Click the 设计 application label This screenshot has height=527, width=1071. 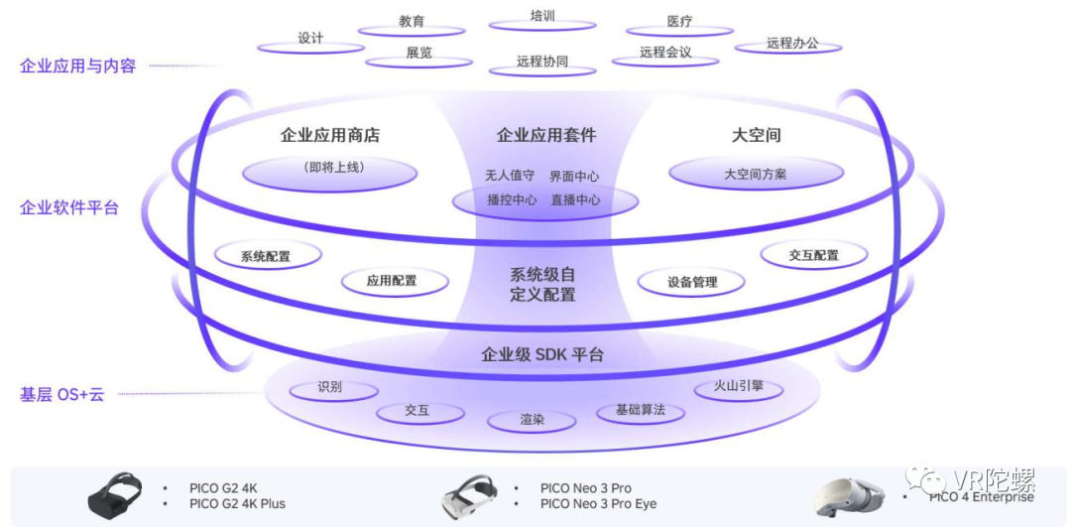(x=310, y=39)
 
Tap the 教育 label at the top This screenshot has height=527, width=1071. (x=412, y=21)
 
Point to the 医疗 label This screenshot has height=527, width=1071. (x=679, y=21)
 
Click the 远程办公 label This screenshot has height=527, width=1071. (x=791, y=44)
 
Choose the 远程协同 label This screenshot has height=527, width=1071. (x=542, y=62)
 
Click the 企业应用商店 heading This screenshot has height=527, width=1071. (x=330, y=135)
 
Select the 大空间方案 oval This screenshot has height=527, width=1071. (x=756, y=174)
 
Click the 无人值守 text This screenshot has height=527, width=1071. (x=510, y=176)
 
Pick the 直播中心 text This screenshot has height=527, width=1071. (x=575, y=199)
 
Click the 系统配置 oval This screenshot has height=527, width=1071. (x=267, y=256)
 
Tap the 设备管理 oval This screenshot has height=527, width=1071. (x=691, y=282)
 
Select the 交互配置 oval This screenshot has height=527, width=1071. (x=813, y=255)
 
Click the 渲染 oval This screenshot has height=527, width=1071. (x=533, y=420)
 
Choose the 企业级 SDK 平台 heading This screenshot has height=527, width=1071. (x=541, y=354)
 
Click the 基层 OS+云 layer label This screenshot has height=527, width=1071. (x=61, y=394)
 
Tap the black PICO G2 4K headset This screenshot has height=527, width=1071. (x=117, y=495)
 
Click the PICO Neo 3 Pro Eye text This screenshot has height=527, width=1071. (x=598, y=504)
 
